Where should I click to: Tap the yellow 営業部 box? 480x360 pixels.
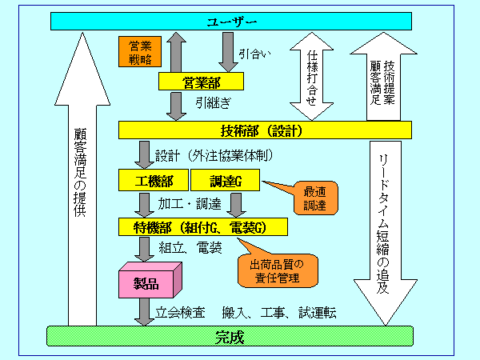pyautogui.click(x=201, y=82)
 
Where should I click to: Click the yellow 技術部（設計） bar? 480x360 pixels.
pyautogui.click(x=264, y=130)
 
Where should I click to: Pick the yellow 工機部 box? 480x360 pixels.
pyautogui.click(x=152, y=181)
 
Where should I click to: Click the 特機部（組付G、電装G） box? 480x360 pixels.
pyautogui.click(x=202, y=227)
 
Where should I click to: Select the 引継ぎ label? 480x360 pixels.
pyautogui.click(x=213, y=103)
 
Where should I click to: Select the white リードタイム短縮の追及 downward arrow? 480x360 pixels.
pyautogui.click(x=386, y=224)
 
